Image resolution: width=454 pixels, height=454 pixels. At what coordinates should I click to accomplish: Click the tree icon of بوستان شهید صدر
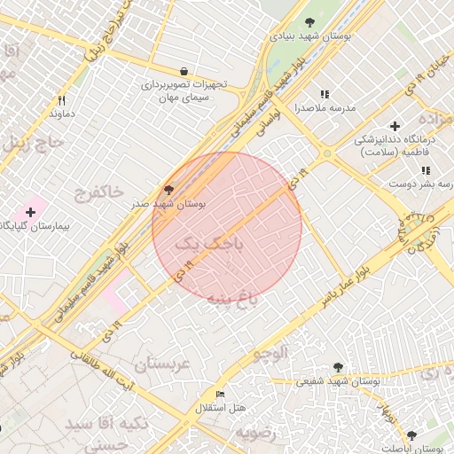[x=169, y=189]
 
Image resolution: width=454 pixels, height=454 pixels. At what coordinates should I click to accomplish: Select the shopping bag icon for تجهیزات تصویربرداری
[x=184, y=71]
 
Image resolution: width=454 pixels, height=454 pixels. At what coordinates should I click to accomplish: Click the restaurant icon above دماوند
[x=61, y=100]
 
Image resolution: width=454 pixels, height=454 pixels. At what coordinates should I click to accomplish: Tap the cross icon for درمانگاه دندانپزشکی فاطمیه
[x=395, y=126]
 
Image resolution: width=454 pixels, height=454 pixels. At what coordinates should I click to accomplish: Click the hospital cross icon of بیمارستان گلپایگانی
[x=31, y=212]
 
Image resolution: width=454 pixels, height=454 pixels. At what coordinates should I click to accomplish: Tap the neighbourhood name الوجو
[x=270, y=354]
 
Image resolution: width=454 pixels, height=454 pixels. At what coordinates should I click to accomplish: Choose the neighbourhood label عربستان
[x=162, y=364]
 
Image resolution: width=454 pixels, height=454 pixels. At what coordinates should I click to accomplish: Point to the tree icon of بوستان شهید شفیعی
[x=337, y=367]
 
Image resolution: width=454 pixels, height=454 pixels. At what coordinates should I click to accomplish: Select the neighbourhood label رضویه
[x=255, y=433]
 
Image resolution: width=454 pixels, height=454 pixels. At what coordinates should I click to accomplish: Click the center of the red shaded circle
[x=227, y=226]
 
